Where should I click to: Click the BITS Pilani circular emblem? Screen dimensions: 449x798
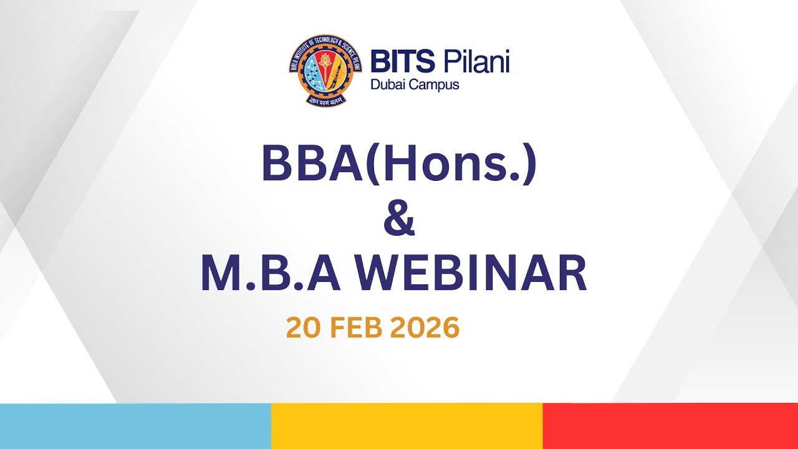click(x=325, y=69)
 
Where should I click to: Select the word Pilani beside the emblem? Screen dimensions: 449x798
click(x=476, y=63)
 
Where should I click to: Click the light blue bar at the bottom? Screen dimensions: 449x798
click(x=135, y=426)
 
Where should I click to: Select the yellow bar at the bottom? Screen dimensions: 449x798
click(x=406, y=426)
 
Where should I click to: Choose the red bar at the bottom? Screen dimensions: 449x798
click(x=670, y=426)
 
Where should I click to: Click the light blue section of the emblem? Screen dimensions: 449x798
click(x=310, y=75)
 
